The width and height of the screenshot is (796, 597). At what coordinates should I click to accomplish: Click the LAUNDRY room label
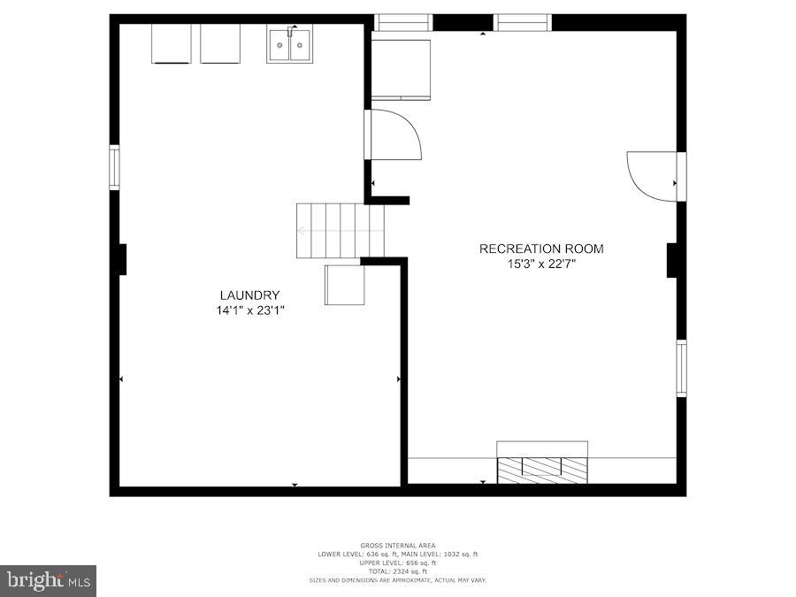pos(250,295)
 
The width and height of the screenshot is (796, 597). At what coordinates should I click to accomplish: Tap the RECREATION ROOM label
pos(541,249)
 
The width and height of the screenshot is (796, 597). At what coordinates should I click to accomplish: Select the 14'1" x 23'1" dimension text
pos(250,310)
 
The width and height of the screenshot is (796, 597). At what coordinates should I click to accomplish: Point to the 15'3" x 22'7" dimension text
pos(541,264)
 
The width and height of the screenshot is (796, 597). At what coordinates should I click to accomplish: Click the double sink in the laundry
pos(289,44)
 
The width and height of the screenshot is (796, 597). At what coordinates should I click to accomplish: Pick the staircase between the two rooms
pos(341,231)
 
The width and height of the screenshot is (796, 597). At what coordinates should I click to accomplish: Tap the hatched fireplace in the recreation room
pos(542,470)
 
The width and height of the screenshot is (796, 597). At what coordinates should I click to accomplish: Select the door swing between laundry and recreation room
pos(394,135)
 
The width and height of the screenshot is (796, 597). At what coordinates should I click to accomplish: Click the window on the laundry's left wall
pos(114,168)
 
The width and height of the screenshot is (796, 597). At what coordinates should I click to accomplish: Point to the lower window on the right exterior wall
pos(681,368)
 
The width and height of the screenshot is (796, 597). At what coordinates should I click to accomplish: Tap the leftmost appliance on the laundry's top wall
pos(171,43)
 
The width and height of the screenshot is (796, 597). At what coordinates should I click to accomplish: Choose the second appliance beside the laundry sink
pos(220,43)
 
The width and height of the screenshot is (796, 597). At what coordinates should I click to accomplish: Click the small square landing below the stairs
pos(344,285)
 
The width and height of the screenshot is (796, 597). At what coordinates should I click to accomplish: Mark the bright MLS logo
pos(48,580)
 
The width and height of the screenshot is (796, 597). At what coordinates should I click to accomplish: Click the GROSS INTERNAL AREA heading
pos(397,545)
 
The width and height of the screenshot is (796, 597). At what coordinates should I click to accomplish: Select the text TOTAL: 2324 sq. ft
pos(397,571)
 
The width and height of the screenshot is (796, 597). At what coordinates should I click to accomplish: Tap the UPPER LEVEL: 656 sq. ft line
pos(397,563)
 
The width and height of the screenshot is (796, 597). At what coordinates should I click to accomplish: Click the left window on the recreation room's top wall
pos(403,22)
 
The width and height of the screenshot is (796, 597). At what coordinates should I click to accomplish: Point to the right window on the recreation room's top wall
pos(523,22)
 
